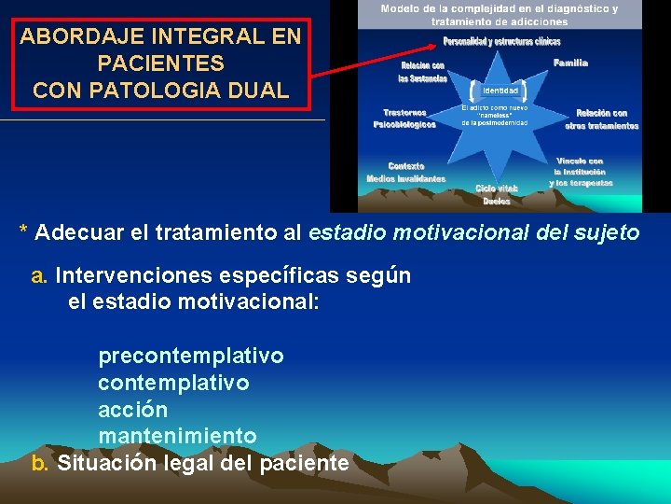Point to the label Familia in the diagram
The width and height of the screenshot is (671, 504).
(x=570, y=63)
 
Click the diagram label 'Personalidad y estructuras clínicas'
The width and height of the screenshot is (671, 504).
(x=501, y=41)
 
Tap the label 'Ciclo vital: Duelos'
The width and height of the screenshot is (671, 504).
(x=496, y=194)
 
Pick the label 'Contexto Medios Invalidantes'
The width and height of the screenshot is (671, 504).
(x=406, y=172)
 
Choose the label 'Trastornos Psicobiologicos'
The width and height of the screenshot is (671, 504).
(x=404, y=119)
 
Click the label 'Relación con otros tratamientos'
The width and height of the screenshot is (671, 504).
(x=601, y=119)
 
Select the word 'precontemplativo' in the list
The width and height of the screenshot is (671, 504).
(x=191, y=356)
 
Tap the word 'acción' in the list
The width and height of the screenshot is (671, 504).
(x=133, y=410)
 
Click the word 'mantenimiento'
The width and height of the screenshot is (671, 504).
(x=177, y=436)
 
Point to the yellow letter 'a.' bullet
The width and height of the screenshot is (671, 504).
(x=40, y=275)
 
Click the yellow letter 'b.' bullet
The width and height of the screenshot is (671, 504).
(x=40, y=462)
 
